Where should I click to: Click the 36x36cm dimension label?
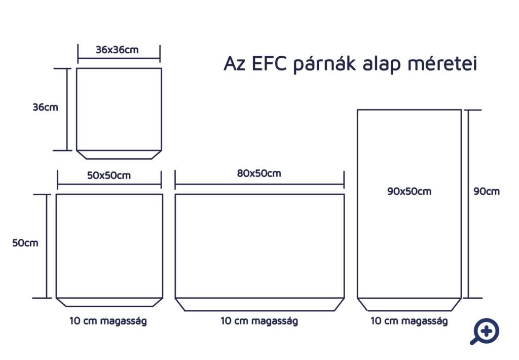pyautogui.click(x=117, y=50)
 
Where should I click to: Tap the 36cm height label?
pyautogui.click(x=45, y=107)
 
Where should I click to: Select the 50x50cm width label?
pyautogui.click(x=109, y=175)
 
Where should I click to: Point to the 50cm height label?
pyautogui.click(x=25, y=243)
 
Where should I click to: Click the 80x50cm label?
pyautogui.click(x=259, y=173)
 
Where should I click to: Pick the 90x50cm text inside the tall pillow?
pyautogui.click(x=410, y=191)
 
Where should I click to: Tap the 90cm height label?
pyautogui.click(x=487, y=191)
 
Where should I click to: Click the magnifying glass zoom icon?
pyautogui.click(x=485, y=332)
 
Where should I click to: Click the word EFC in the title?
pyautogui.click(x=269, y=63)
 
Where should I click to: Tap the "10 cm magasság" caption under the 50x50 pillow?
pyautogui.click(x=108, y=321)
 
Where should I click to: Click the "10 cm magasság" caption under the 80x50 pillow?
pyautogui.click(x=259, y=321)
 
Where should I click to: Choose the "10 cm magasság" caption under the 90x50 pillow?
pyautogui.click(x=409, y=321)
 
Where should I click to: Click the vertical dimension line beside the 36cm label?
pyautogui.click(x=67, y=110)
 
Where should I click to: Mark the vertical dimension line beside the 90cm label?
pyautogui.click(x=468, y=204)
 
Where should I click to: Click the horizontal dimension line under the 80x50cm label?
pyautogui.click(x=259, y=184)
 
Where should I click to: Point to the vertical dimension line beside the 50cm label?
pyautogui.click(x=47, y=246)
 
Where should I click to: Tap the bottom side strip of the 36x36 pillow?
pyautogui.click(x=119, y=155)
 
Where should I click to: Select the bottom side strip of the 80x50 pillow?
pyautogui.click(x=259, y=305)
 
